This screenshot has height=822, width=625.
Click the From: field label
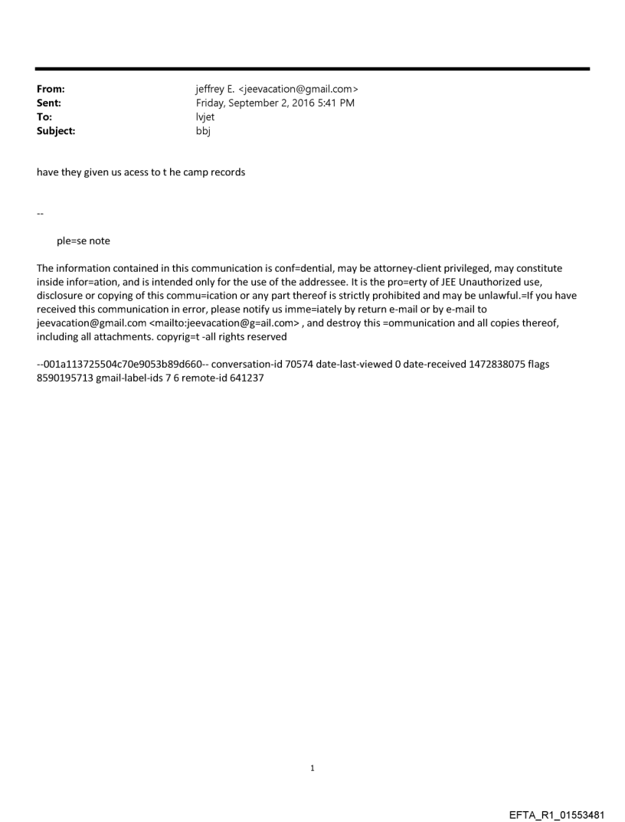point(51,90)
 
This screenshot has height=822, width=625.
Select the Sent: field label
point(49,103)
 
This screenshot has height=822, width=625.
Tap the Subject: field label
point(56,131)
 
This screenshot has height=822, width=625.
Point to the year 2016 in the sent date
point(311,103)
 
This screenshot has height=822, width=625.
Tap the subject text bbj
point(203,131)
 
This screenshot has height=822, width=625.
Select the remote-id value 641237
point(247,378)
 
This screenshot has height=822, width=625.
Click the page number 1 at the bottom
point(312,768)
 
